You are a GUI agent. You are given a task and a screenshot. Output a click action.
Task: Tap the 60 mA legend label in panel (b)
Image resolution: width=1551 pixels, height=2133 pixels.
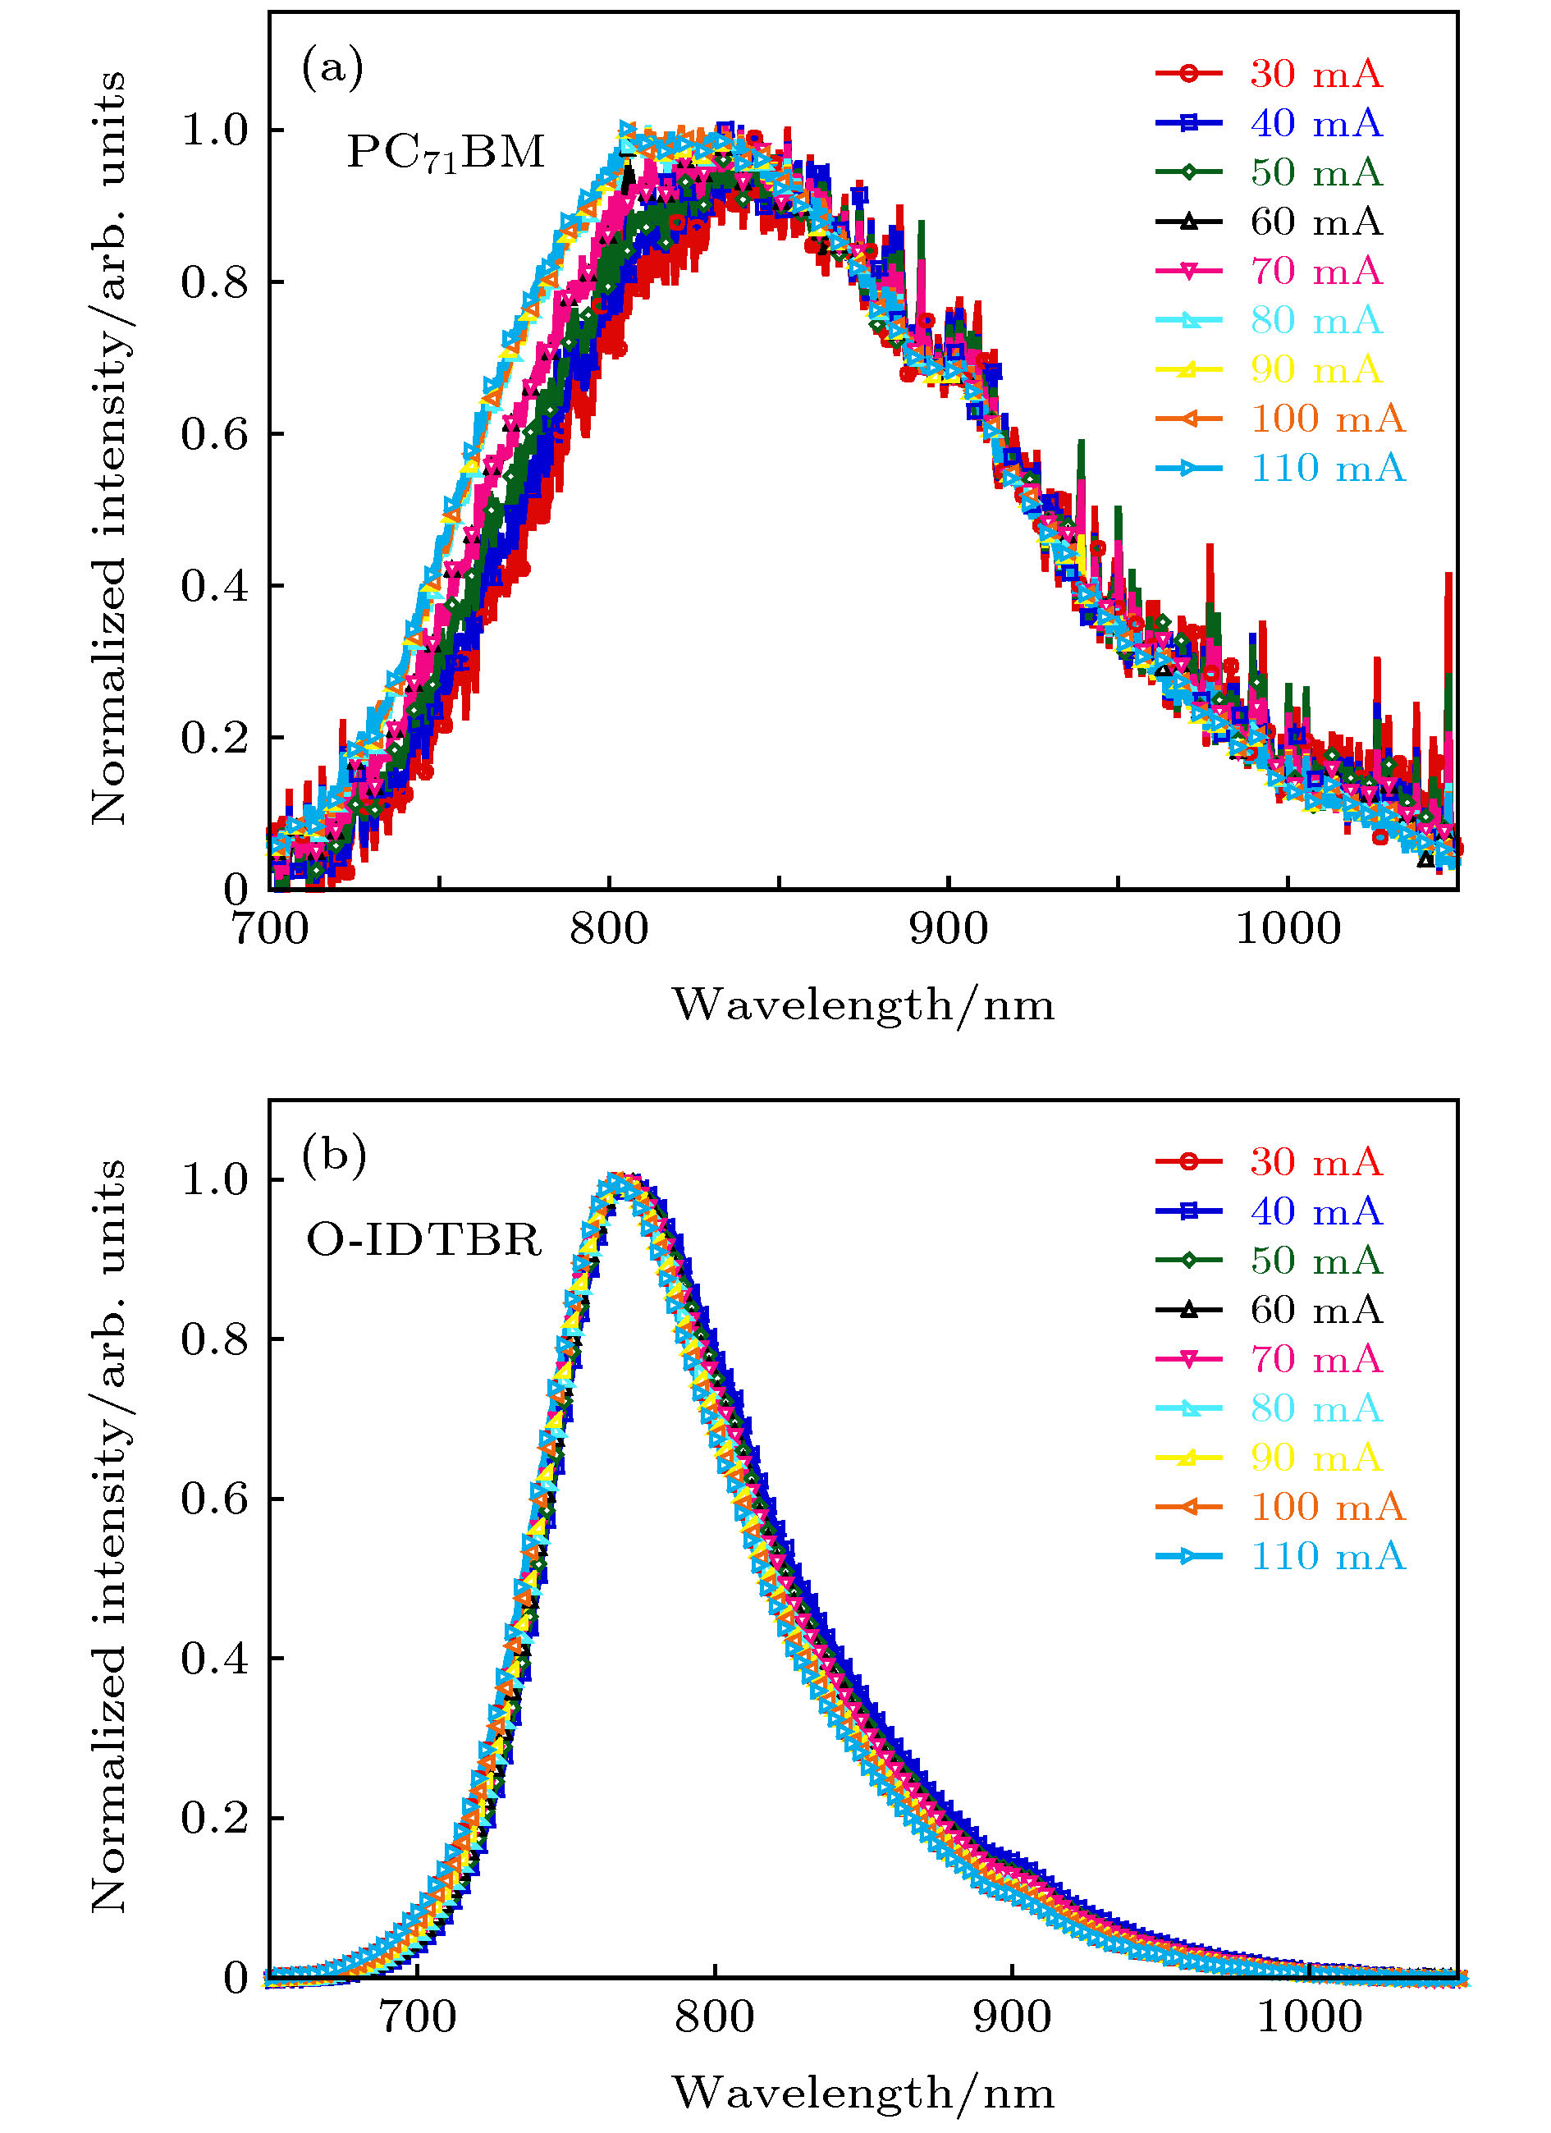pyautogui.click(x=1315, y=1309)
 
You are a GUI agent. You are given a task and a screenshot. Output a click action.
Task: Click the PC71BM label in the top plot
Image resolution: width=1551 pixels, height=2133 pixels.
pyautogui.click(x=446, y=153)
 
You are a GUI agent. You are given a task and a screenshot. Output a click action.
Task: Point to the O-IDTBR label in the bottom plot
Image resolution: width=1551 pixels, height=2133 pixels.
pyautogui.click(x=424, y=1239)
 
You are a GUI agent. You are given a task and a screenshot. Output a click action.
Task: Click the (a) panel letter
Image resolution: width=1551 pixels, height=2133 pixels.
pyautogui.click(x=332, y=68)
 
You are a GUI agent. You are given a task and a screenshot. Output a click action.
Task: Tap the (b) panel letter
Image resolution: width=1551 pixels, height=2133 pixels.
pyautogui.click(x=334, y=1155)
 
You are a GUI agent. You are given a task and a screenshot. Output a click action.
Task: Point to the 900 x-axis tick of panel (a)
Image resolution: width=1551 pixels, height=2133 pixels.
pyautogui.click(x=948, y=929)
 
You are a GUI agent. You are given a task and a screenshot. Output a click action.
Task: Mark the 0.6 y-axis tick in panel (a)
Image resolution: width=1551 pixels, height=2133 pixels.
pyautogui.click(x=214, y=433)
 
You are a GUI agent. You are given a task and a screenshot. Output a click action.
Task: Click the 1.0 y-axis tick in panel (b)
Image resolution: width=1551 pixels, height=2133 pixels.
pyautogui.click(x=214, y=1179)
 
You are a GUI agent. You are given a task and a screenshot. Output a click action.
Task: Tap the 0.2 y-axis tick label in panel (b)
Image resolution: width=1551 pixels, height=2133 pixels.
pyautogui.click(x=214, y=1817)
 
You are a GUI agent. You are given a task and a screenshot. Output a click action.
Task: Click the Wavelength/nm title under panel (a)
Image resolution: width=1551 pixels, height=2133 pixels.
pyautogui.click(x=862, y=1005)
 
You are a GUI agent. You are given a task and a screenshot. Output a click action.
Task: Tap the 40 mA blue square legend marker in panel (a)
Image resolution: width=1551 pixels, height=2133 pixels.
pyautogui.click(x=1189, y=122)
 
